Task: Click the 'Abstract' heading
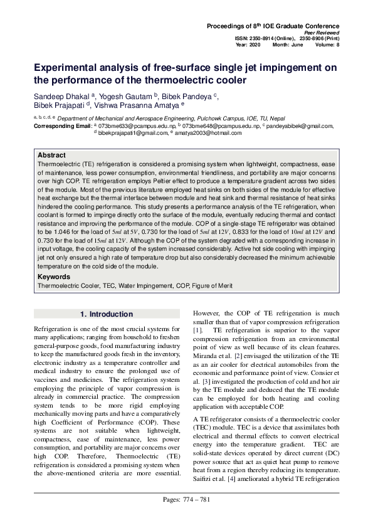[x=51, y=155]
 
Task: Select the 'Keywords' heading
[x=54, y=277]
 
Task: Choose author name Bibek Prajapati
[x=60, y=106]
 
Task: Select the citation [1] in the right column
[x=197, y=330]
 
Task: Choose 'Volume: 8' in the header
[x=327, y=45]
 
